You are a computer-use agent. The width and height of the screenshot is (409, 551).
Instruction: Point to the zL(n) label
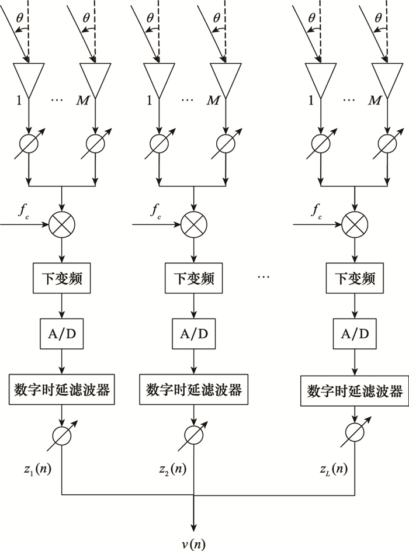tap(334, 469)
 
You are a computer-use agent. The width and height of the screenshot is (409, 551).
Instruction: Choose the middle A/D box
tap(193, 334)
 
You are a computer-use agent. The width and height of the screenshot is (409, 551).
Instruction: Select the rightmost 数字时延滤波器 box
tap(355, 390)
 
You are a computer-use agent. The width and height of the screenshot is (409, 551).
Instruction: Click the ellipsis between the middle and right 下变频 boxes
tap(264, 277)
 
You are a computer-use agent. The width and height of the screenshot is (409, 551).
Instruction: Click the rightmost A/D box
tap(355, 334)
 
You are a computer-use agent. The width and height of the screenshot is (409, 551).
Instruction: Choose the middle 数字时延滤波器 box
tap(193, 389)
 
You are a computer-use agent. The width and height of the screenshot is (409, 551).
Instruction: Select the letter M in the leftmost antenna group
tap(82, 101)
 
